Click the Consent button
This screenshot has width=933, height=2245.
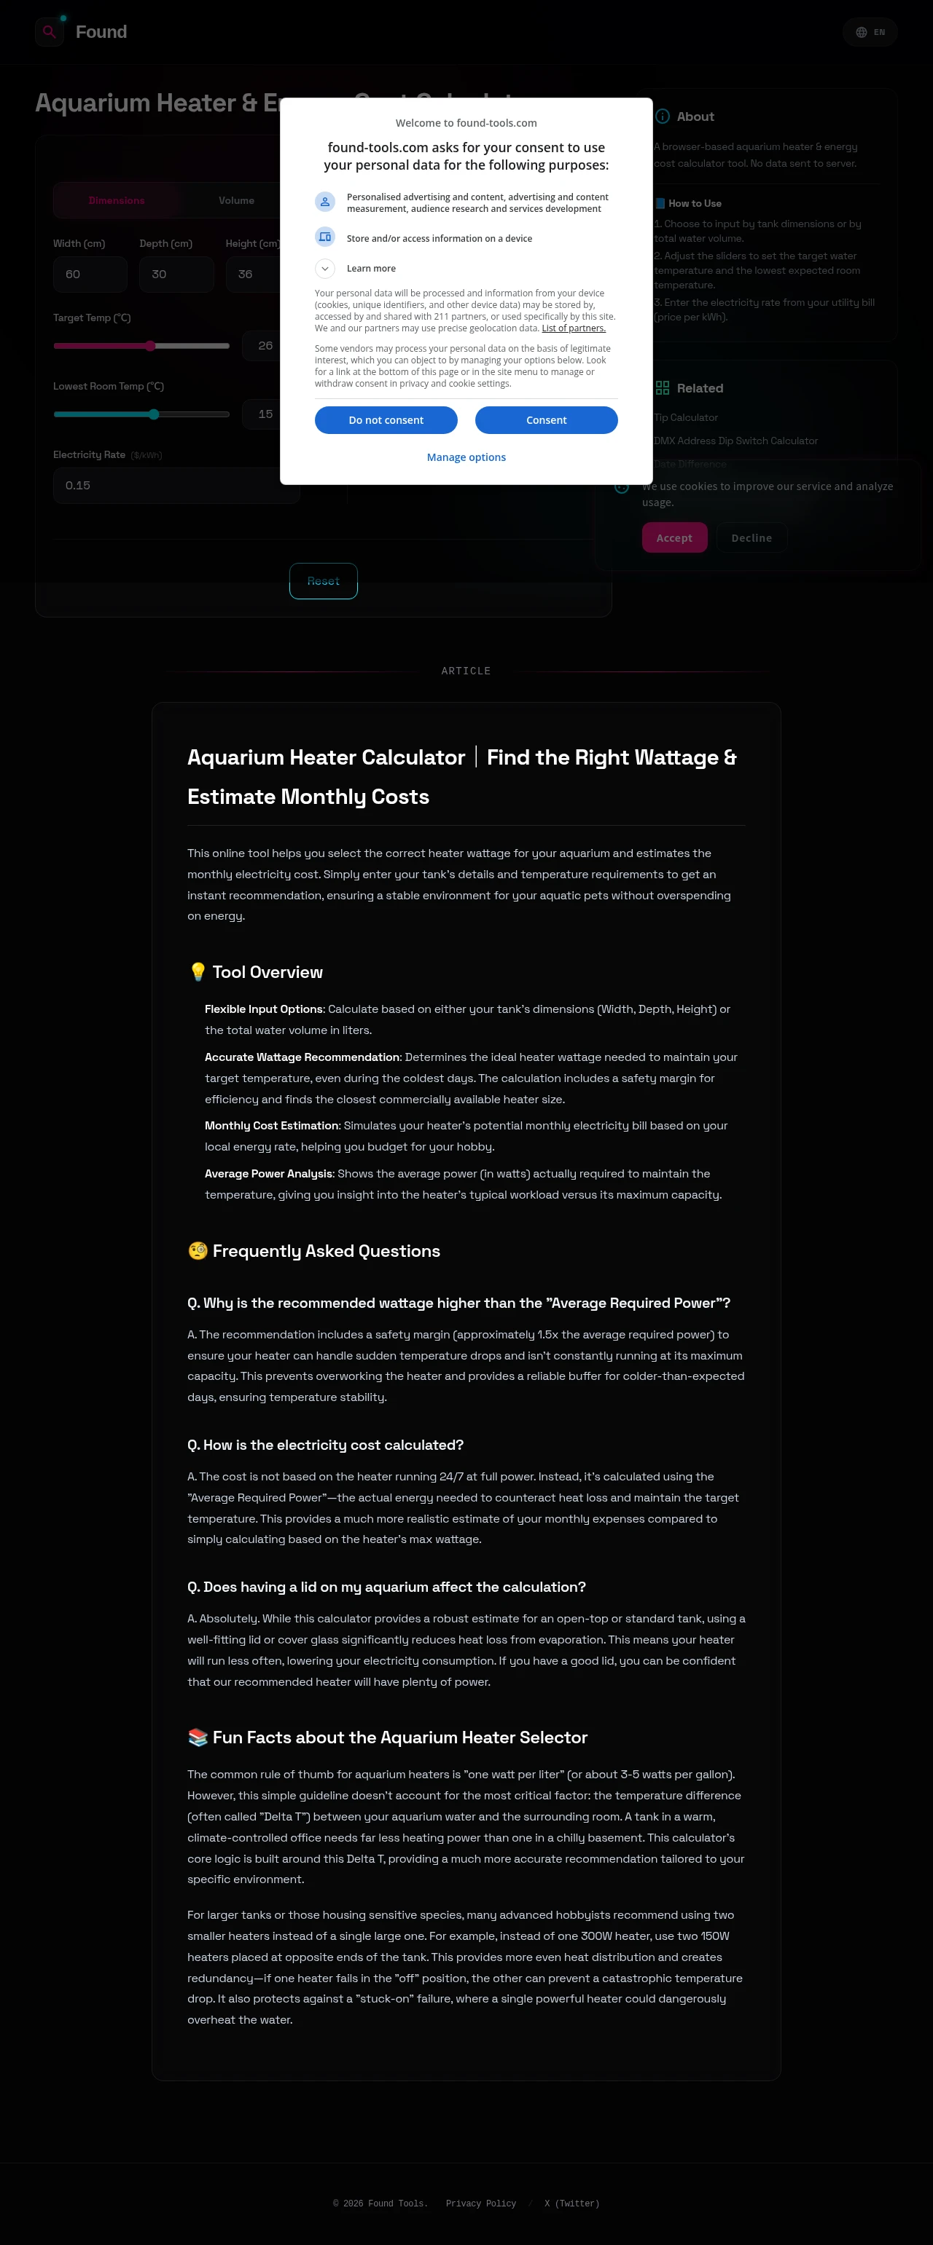(x=546, y=420)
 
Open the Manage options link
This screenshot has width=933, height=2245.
(x=466, y=457)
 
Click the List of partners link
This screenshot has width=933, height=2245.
(x=573, y=328)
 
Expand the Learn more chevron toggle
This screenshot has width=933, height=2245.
(x=324, y=269)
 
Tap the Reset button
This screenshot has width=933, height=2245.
(x=324, y=581)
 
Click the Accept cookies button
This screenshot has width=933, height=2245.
(x=674, y=537)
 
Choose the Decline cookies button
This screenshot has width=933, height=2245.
(x=751, y=537)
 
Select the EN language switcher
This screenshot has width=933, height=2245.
(x=870, y=32)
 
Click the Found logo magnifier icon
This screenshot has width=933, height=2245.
(x=50, y=32)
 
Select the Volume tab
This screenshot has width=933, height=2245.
(x=236, y=200)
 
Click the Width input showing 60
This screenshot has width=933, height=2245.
(x=90, y=275)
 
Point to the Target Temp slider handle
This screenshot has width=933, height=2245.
(x=150, y=346)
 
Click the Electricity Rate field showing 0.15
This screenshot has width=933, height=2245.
(x=174, y=486)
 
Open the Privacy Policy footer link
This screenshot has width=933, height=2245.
(x=480, y=2204)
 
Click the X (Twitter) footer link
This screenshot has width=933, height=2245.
(x=571, y=2204)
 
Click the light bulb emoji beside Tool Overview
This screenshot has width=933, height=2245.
(x=198, y=971)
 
